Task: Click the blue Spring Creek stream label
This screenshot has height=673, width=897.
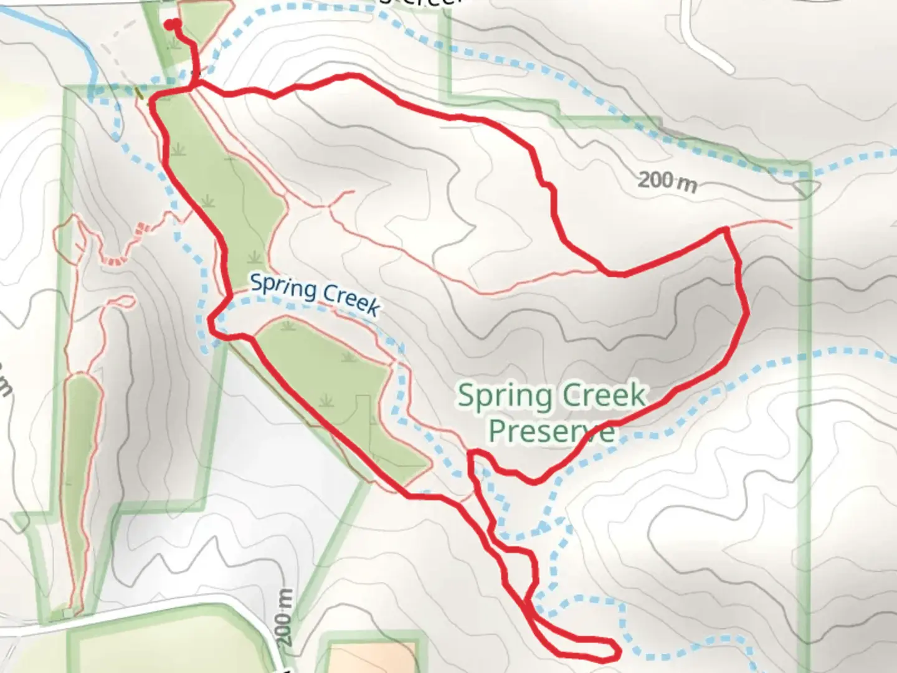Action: click(315, 294)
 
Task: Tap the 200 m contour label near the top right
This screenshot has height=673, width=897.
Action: click(667, 181)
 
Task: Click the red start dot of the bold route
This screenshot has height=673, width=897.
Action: click(171, 24)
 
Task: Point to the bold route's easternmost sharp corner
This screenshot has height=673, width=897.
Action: click(726, 230)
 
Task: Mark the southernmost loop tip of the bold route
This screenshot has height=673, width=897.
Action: click(614, 651)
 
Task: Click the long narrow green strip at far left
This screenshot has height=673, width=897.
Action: click(83, 474)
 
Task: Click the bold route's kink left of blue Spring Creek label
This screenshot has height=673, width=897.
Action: click(212, 321)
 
